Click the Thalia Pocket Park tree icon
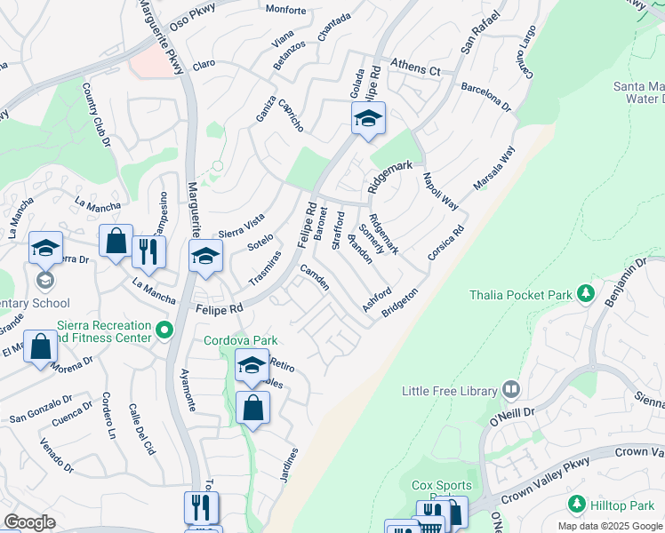coord(585,292)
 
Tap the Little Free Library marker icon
coord(511,389)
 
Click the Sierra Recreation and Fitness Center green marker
coord(164,330)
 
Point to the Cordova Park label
coord(241,340)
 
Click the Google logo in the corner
coord(29,522)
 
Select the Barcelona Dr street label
coord(486,99)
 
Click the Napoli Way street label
coord(440,191)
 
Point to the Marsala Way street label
coord(495,169)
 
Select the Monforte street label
coord(285,11)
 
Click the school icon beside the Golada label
coord(368,118)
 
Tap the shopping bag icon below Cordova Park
coord(253,409)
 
